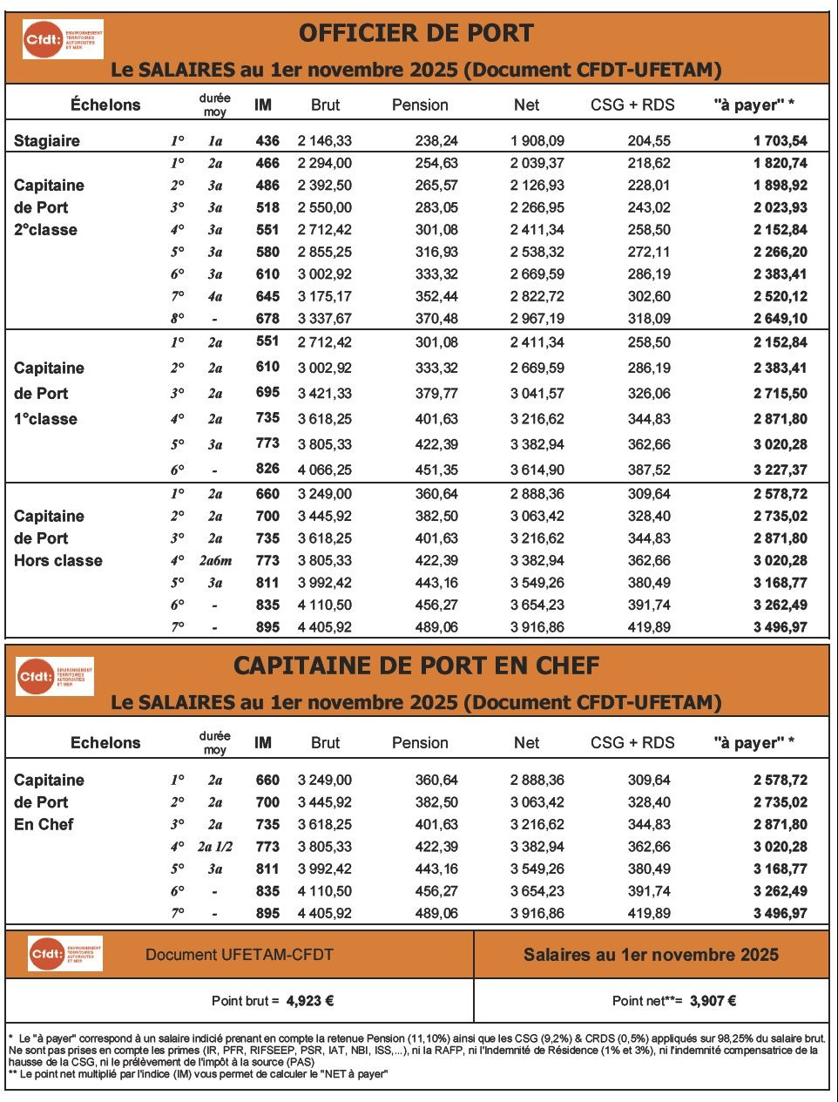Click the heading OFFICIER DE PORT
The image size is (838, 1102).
[416, 33]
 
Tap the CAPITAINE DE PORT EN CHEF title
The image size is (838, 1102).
[416, 666]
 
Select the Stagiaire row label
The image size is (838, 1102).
[47, 140]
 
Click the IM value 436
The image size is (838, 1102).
[267, 140]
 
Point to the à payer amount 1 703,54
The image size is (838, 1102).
[780, 140]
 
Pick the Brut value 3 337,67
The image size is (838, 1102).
[325, 319]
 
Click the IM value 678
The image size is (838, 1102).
[267, 319]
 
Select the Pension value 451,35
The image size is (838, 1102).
[436, 470]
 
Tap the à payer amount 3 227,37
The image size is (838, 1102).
[780, 470]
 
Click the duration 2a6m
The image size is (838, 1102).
[215, 561]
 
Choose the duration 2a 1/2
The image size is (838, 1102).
[215, 847]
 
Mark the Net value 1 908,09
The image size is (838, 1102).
[537, 140]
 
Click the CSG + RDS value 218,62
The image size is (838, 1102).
[649, 163]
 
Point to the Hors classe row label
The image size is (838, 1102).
[58, 561]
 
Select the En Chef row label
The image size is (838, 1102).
[44, 824]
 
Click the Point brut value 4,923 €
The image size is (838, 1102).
[310, 1001]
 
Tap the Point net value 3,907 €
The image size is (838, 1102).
[713, 1001]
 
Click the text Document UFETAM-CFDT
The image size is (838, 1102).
[239, 955]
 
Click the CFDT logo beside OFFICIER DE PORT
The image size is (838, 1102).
[63, 39]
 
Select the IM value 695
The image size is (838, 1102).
[267, 393]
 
